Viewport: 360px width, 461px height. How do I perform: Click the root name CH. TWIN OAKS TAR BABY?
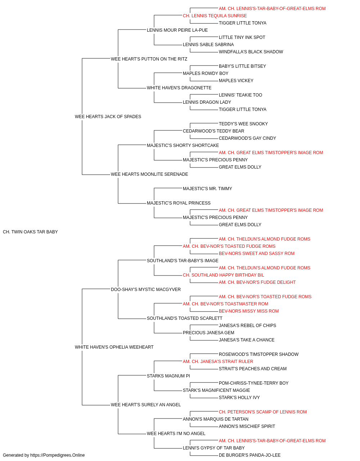click(x=30, y=232)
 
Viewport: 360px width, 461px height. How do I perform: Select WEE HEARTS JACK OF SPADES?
click(x=108, y=117)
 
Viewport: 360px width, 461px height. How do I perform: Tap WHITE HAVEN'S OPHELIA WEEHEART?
click(x=114, y=347)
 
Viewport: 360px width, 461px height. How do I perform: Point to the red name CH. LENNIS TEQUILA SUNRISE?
click(x=215, y=16)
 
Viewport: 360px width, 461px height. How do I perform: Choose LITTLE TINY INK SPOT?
click(x=242, y=37)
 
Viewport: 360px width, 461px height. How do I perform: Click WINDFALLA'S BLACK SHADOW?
click(x=251, y=52)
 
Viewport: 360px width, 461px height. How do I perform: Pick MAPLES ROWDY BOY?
click(x=206, y=73)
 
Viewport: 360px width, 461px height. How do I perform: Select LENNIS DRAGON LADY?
click(x=207, y=102)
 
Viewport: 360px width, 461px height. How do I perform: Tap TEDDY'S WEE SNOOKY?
click(x=243, y=124)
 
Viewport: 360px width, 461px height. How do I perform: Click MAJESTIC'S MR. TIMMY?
click(x=207, y=189)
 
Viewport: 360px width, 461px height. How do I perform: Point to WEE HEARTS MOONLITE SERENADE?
click(x=149, y=174)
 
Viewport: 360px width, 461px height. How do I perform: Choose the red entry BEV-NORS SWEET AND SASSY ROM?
click(x=257, y=254)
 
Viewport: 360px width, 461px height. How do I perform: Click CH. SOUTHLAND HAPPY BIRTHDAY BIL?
click(x=224, y=275)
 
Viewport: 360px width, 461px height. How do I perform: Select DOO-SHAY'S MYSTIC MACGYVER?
click(x=146, y=290)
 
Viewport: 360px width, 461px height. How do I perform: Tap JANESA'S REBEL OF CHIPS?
click(x=247, y=326)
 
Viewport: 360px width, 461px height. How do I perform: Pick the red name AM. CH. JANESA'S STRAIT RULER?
click(x=218, y=362)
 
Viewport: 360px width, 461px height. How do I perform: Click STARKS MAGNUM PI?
click(x=168, y=376)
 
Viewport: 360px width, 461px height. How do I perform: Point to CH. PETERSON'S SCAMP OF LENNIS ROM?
click(x=263, y=412)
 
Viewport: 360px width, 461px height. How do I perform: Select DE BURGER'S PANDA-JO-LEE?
click(x=249, y=455)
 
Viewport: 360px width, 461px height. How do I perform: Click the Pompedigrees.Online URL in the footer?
click(x=58, y=455)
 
